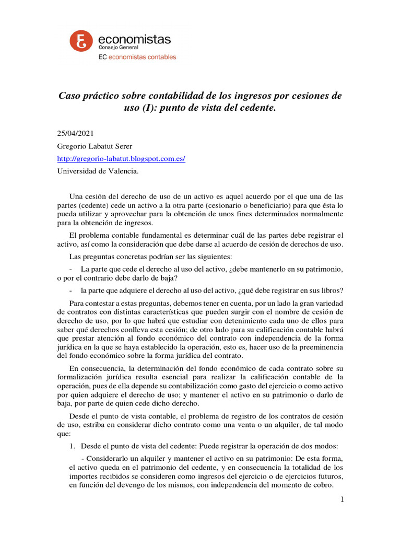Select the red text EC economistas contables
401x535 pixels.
[x=137, y=57]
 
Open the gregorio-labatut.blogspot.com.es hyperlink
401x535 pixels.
[x=121, y=158]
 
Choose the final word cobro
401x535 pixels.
[x=321, y=484]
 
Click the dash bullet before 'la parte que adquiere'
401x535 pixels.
[x=71, y=290]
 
